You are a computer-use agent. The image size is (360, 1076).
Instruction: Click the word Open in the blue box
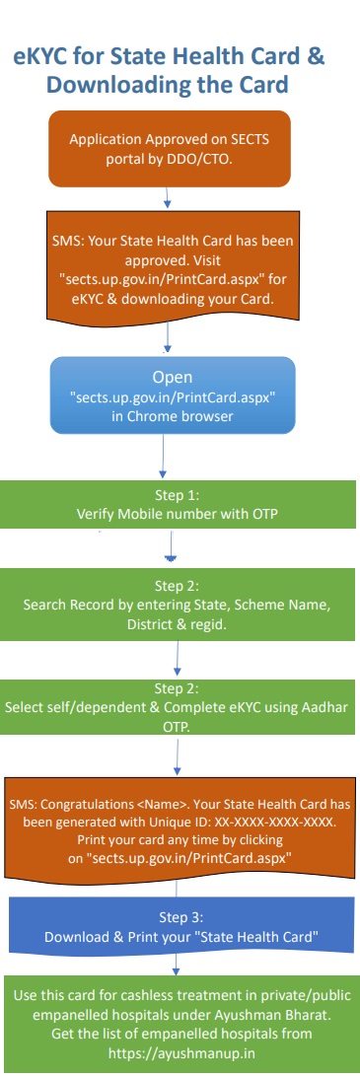coord(172,377)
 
